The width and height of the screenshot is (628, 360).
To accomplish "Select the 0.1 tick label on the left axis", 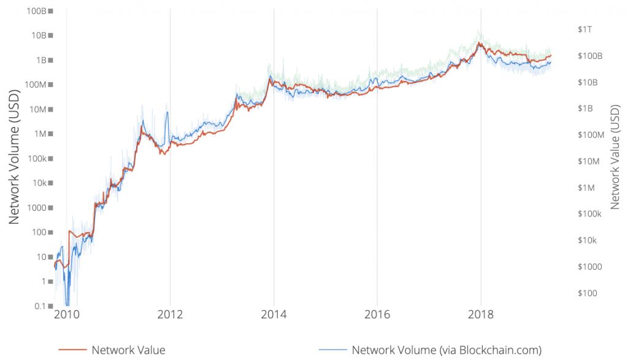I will tap(41, 306).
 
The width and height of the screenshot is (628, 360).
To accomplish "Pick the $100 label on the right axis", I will tap(587, 293).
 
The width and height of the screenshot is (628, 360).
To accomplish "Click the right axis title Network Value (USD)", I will tap(615, 156).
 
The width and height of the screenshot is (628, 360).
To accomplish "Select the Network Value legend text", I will tap(128, 350).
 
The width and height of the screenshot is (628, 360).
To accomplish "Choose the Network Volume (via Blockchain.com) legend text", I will tap(446, 350).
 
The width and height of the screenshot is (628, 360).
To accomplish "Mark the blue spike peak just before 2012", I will tap(167, 112).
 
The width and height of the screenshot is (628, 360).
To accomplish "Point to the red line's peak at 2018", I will tap(480, 43).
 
